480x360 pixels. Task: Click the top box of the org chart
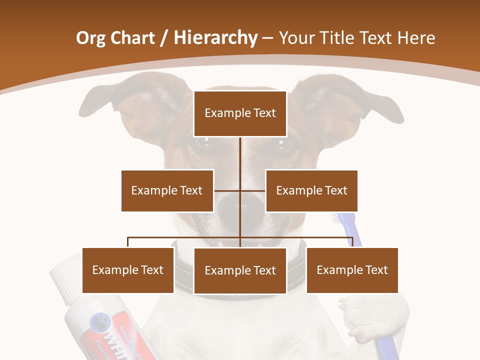240,113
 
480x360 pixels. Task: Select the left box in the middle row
167,190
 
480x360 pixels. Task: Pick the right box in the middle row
311,190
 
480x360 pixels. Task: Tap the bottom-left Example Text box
128,270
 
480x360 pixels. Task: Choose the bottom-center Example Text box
240,270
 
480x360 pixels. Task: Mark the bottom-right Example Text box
352,270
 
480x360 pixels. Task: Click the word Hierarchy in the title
215,38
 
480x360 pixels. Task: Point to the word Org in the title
90,38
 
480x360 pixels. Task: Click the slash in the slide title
164,38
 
